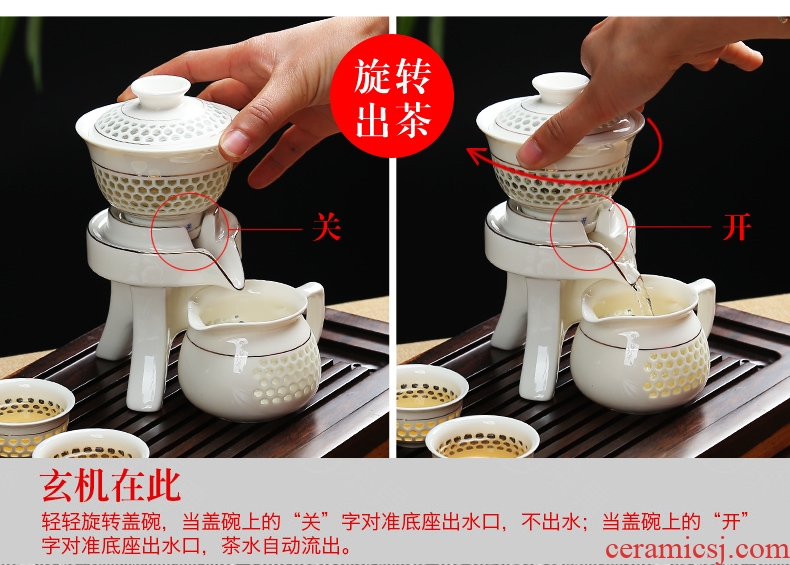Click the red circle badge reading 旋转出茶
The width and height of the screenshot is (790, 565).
pos(392,96)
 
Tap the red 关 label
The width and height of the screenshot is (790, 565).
pos(326,226)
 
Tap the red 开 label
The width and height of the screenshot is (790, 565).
pos(737,226)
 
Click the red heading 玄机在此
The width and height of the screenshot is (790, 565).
pos(111,486)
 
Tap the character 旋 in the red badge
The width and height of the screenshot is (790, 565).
pos(372,77)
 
